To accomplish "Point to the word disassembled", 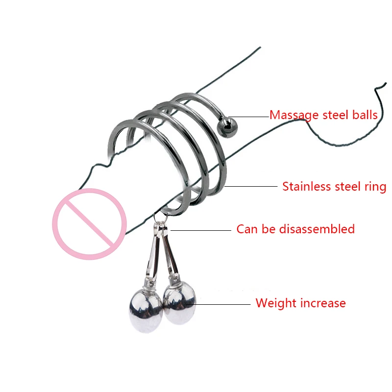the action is [x=317, y=229].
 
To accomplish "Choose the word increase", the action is [x=323, y=303].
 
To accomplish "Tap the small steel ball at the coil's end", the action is [x=227, y=127].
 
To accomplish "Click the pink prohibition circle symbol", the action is [x=89, y=224].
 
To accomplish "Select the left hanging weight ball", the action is [x=146, y=311].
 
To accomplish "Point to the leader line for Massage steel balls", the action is [x=249, y=117].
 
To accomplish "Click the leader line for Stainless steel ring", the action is [x=251, y=186].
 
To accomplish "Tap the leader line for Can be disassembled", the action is [x=201, y=230].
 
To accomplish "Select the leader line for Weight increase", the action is [x=218, y=304].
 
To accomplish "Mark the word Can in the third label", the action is [x=247, y=229].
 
